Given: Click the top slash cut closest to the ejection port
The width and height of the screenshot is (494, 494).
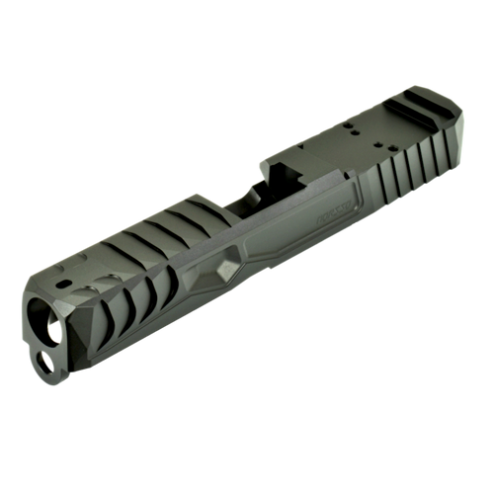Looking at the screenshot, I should [x=192, y=216].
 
